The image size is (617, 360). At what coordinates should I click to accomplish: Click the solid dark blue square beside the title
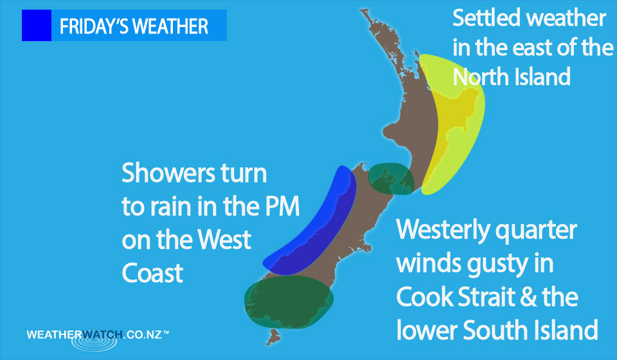coord(37,26)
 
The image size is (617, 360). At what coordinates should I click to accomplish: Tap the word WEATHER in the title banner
coord(170,27)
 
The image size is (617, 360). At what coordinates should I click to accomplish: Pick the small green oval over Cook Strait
coord(391,178)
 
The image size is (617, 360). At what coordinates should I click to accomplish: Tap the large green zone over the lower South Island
coord(289,301)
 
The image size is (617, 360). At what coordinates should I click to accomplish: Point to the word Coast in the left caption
coord(153,273)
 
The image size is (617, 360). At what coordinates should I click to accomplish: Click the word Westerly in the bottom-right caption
coord(443,230)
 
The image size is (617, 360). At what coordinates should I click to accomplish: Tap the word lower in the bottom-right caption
coord(427,330)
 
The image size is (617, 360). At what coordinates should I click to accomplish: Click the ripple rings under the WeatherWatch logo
coord(94,342)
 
